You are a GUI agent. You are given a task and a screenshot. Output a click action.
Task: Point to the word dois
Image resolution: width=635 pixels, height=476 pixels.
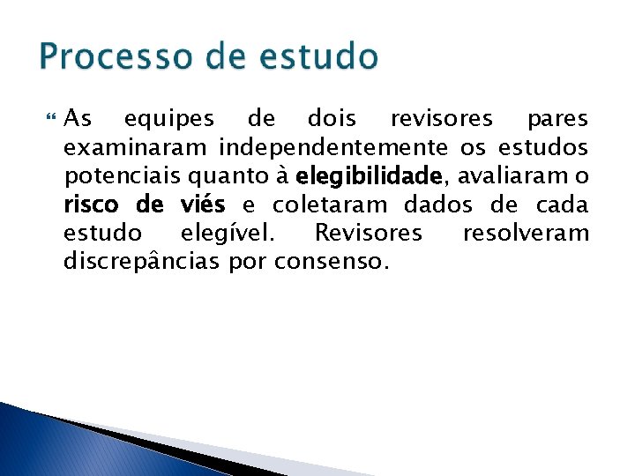coord(332,118)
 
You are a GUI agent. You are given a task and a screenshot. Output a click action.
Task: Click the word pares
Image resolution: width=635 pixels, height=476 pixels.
coord(557,118)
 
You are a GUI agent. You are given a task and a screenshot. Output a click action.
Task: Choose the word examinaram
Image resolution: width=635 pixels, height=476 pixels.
coord(137,147)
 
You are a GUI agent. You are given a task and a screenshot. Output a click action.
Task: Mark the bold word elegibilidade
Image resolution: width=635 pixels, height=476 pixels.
coord(370,176)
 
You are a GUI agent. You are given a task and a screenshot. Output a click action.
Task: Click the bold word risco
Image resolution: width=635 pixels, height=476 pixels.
coord(94,205)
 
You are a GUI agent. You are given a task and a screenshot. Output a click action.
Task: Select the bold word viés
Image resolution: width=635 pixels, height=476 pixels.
coord(202,205)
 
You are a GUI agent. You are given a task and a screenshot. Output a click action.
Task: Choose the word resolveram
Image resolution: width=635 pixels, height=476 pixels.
coord(526,234)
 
